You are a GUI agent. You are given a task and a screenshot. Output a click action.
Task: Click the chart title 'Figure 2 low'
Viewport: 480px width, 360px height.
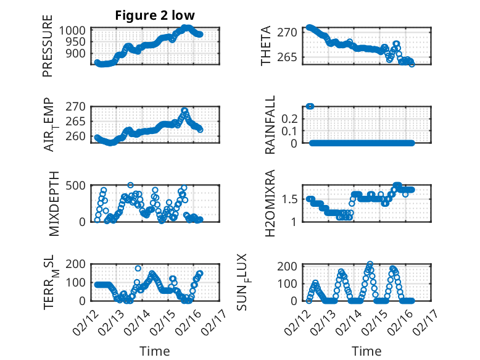(x=155, y=15)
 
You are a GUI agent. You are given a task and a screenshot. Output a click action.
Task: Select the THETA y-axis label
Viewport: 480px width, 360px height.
(x=266, y=45)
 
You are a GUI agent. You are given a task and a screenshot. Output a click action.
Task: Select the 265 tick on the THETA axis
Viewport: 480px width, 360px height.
(x=292, y=57)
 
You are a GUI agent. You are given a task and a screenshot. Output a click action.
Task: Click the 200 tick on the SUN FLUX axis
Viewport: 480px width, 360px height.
(x=291, y=266)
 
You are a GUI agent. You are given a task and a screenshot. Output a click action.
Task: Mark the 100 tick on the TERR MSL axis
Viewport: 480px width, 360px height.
(x=76, y=283)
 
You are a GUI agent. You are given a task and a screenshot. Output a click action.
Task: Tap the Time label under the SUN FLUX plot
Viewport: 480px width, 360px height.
(x=366, y=351)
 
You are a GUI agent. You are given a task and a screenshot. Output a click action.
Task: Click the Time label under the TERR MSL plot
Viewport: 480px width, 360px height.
(x=155, y=351)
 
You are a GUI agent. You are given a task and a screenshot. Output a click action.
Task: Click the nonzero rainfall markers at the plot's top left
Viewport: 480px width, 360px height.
(x=310, y=106)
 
